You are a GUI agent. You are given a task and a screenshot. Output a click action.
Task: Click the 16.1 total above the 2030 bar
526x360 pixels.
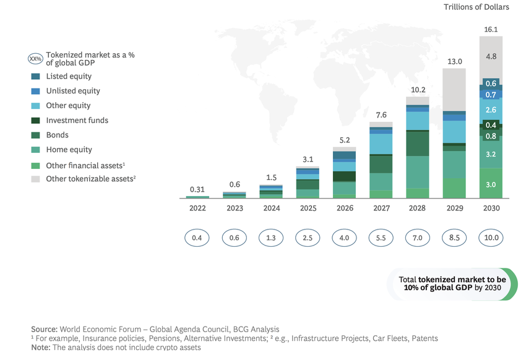491,29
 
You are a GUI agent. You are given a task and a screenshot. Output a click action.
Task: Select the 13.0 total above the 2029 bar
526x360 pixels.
455,61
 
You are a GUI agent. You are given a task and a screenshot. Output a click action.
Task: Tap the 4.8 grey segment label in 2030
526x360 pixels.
491,56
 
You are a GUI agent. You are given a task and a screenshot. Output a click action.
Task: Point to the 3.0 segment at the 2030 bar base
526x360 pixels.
491,184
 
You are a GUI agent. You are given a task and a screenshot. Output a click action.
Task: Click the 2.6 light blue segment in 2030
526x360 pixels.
491,109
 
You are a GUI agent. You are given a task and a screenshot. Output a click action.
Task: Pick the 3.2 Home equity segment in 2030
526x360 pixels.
491,154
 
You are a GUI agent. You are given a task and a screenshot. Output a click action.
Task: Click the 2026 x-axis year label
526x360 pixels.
345,208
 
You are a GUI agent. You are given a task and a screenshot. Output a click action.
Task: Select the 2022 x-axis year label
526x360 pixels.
198,208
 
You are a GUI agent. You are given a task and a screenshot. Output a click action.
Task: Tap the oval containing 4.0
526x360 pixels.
345,238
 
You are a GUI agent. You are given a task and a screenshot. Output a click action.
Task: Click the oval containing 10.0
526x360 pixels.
491,238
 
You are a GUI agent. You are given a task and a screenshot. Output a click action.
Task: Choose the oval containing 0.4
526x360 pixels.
198,238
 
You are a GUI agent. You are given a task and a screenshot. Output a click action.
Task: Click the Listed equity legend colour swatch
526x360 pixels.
35,76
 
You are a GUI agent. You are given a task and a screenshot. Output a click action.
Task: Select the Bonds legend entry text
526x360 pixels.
58,135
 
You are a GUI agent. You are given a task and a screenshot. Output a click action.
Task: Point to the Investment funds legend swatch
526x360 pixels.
35,121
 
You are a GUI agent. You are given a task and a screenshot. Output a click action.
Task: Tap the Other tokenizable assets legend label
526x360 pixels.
90,179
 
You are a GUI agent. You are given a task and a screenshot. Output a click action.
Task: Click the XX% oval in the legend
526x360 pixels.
35,59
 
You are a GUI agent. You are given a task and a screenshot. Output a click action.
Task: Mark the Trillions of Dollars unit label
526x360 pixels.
476,7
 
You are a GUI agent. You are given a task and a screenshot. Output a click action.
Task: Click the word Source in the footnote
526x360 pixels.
44,329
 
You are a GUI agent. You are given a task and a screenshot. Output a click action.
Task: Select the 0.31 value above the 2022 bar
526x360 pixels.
197,189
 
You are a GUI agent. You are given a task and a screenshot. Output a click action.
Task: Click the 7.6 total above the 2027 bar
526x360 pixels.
381,115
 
